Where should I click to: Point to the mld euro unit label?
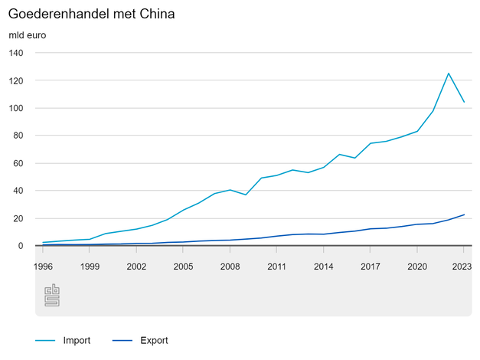click(27, 36)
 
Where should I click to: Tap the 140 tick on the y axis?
click(16, 53)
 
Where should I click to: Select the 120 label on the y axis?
click(16, 80)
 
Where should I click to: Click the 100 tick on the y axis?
click(16, 108)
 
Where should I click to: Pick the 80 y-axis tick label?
click(18, 136)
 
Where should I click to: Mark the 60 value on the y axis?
click(18, 163)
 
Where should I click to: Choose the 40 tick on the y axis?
click(18, 191)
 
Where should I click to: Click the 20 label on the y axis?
click(18, 218)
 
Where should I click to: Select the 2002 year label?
click(136, 267)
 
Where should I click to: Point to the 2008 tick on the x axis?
click(230, 267)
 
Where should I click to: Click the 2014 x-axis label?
click(323, 267)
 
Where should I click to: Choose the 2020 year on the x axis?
click(416, 267)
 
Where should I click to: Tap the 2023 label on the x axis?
click(461, 267)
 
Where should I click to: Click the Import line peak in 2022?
click(449, 74)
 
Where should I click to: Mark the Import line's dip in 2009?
click(246, 195)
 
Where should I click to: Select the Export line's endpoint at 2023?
click(464, 214)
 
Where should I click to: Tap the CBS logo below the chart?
click(52, 296)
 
